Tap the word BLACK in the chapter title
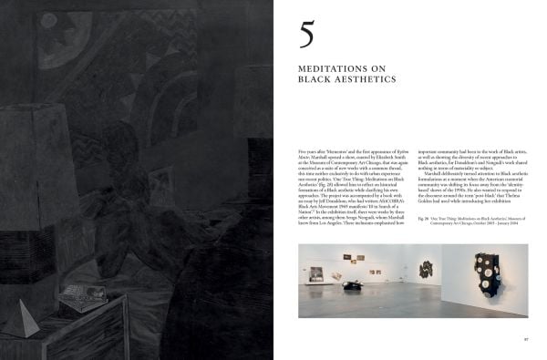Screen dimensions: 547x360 (315, 80)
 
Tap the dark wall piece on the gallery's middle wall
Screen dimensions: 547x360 (426, 267)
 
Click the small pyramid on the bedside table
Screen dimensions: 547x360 (20, 318)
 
